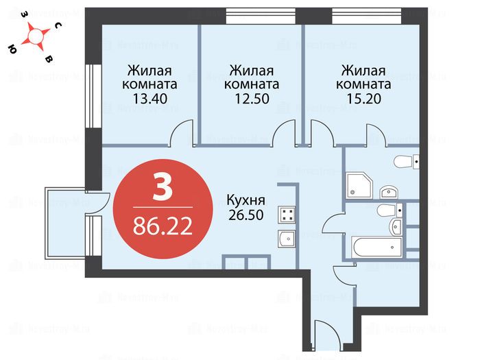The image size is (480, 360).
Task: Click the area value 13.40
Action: [x=149, y=98]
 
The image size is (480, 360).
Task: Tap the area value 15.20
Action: [x=363, y=98]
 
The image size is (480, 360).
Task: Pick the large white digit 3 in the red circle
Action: [x=163, y=188]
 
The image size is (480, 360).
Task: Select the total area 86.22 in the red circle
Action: [x=163, y=225]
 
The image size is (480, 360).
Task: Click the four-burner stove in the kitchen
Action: [x=286, y=215]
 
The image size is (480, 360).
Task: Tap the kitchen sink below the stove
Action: [x=286, y=239]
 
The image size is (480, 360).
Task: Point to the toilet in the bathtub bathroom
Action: [x=385, y=209]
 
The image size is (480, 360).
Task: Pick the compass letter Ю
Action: [x=12, y=49]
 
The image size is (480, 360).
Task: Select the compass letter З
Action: [x=23, y=14]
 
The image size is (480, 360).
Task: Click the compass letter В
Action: [x=47, y=60]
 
